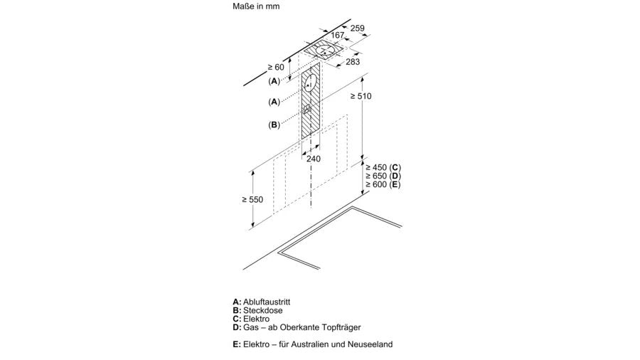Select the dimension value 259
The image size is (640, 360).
click(358, 28)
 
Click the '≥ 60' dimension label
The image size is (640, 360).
click(275, 67)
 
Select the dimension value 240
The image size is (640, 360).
click(314, 159)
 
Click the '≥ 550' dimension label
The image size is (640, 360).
click(252, 199)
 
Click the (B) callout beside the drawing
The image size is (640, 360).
click(274, 125)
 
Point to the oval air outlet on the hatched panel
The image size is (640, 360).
click(309, 84)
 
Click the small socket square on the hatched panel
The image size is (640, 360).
click(306, 110)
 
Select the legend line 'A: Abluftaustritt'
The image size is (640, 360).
click(262, 302)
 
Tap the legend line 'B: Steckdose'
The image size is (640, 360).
click(257, 310)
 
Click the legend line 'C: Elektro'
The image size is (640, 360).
click(252, 319)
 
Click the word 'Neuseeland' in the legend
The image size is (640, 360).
click(370, 344)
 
